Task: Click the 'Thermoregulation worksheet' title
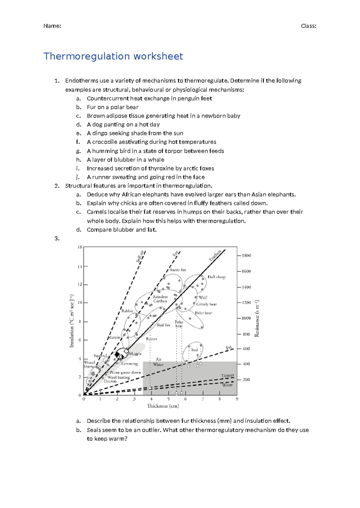(113, 56)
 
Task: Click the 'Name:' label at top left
(52, 26)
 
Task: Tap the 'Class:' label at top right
(308, 26)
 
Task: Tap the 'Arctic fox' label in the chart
(178, 270)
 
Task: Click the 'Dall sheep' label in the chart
(216, 277)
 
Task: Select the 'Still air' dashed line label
(140, 256)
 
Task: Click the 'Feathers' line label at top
(215, 255)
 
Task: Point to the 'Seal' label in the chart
(194, 350)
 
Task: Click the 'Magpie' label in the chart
(135, 354)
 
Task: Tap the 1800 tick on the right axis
(246, 255)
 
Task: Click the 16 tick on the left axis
(80, 247)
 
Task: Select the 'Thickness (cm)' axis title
(163, 406)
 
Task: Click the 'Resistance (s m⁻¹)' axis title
(257, 318)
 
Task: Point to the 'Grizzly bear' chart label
(206, 304)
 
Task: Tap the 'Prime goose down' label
(125, 373)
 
